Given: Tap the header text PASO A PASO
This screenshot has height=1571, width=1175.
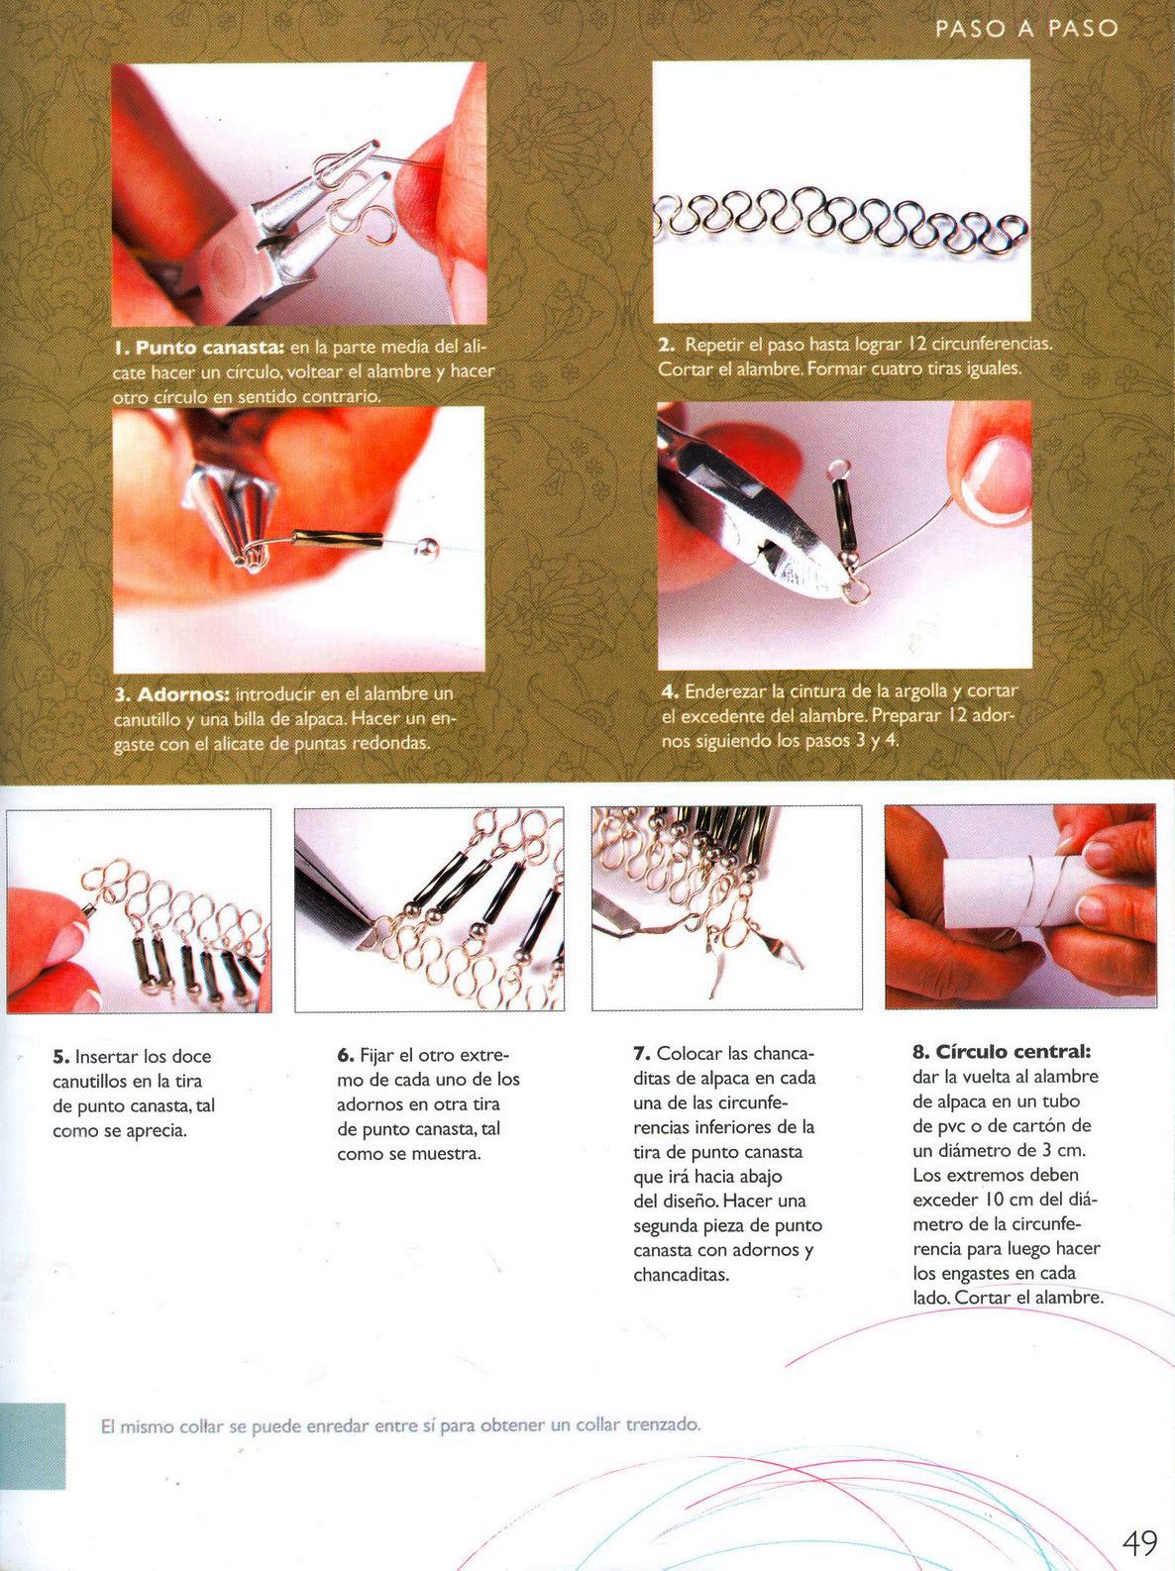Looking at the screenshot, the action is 1026,29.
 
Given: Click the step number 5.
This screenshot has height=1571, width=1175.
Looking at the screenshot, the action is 60,1056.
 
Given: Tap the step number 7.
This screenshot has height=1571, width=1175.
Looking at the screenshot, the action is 642,1054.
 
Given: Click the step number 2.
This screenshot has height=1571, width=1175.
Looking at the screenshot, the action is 666,345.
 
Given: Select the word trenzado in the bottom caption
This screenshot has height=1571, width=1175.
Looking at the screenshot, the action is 663,1424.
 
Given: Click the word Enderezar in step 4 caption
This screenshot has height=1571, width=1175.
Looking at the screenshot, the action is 725,691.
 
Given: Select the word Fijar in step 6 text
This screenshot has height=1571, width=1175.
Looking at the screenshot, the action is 375,1055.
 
